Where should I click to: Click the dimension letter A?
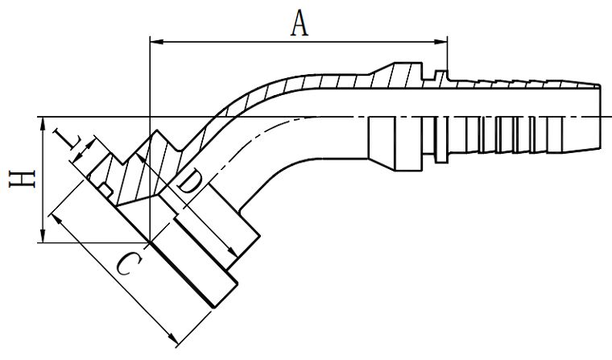pyautogui.click(x=300, y=23)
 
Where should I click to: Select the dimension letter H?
pyautogui.click(x=23, y=180)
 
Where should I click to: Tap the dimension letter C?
pyautogui.click(x=129, y=263)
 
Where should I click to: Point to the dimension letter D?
pyautogui.click(x=190, y=184)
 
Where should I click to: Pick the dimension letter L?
pyautogui.click(x=67, y=139)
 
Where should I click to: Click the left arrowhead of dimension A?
pyautogui.click(x=156, y=40)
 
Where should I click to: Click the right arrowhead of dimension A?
pyautogui.click(x=441, y=40)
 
